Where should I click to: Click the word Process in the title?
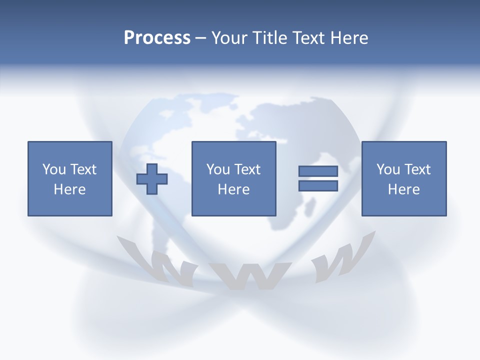click(157, 38)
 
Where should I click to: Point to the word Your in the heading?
click(230, 38)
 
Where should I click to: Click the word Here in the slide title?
click(349, 38)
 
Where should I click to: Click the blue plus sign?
click(152, 179)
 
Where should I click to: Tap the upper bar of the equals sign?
click(318, 171)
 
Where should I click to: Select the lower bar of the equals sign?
click(318, 186)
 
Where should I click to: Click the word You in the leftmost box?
click(54, 169)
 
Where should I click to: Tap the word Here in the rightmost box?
click(404, 189)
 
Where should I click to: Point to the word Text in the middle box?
click(247, 169)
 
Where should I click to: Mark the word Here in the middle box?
click(234, 189)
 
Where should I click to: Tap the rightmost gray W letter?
click(340, 260)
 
